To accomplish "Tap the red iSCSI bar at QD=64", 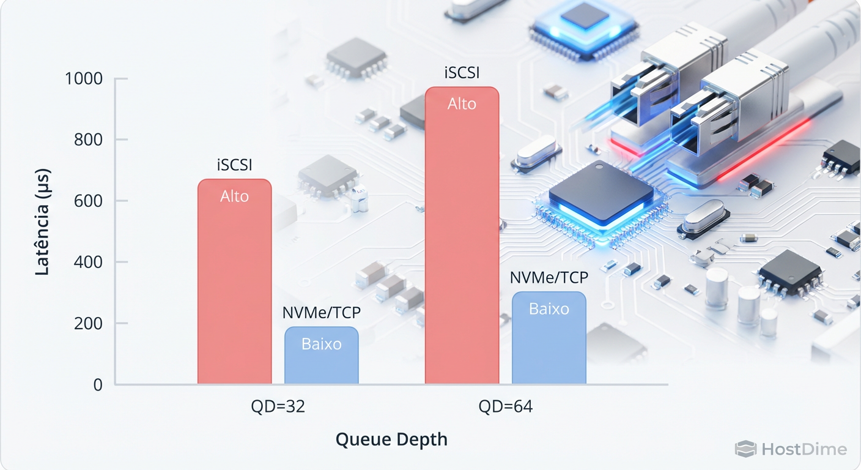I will pos(462,245).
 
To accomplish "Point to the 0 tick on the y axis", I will pos(97,385).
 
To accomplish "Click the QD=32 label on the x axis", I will pos(278,407).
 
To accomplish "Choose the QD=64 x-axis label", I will pos(505,407).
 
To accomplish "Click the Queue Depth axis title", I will pos(391,439).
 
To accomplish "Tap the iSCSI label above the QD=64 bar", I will pos(462,73).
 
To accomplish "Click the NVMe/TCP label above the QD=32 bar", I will pos(321,313).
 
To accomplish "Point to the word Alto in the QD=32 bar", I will pos(234,196).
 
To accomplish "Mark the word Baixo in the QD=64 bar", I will pos(549,309).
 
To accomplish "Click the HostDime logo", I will pos(791,449).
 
